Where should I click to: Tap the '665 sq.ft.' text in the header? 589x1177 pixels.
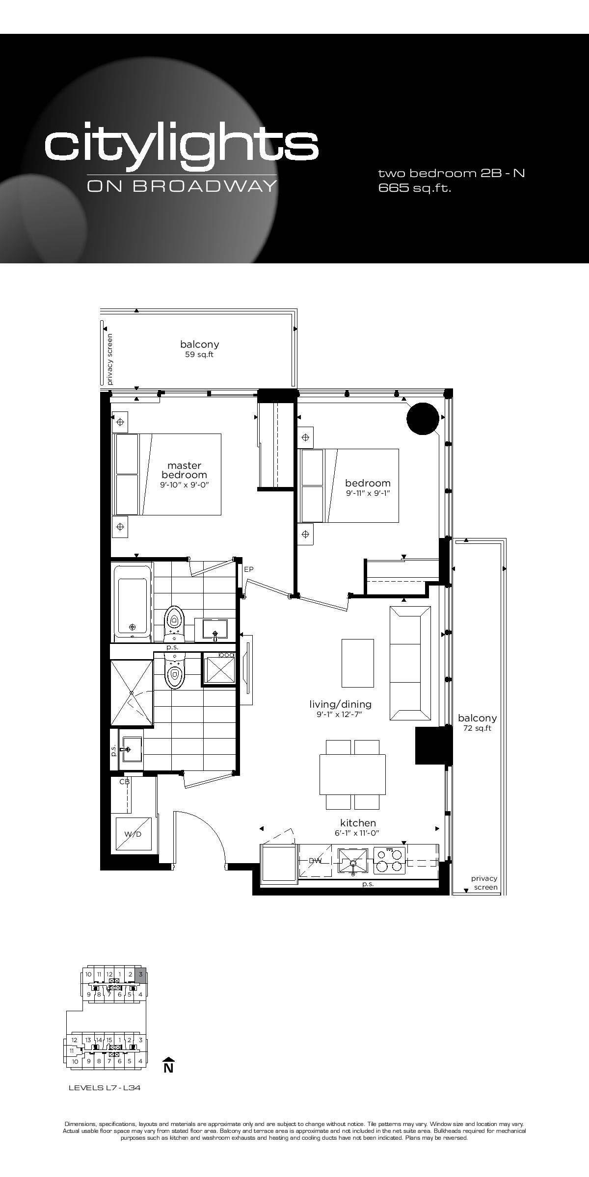click(x=415, y=188)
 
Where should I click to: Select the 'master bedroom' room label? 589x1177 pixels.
click(x=184, y=470)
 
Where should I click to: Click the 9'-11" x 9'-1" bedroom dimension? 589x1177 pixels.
click(x=368, y=493)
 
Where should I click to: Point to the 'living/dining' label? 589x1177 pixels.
click(x=340, y=704)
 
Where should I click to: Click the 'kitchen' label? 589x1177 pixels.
click(x=358, y=823)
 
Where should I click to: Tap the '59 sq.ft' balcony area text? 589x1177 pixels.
click(x=199, y=355)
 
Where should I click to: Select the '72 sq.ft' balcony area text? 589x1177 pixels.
click(x=477, y=728)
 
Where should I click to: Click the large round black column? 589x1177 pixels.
click(x=423, y=418)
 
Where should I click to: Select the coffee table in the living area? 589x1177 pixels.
click(x=358, y=663)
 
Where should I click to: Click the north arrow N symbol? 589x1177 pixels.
click(x=168, y=1065)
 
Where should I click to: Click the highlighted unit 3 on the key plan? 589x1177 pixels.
click(x=141, y=974)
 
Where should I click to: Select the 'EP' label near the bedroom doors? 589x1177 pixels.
click(x=248, y=569)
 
